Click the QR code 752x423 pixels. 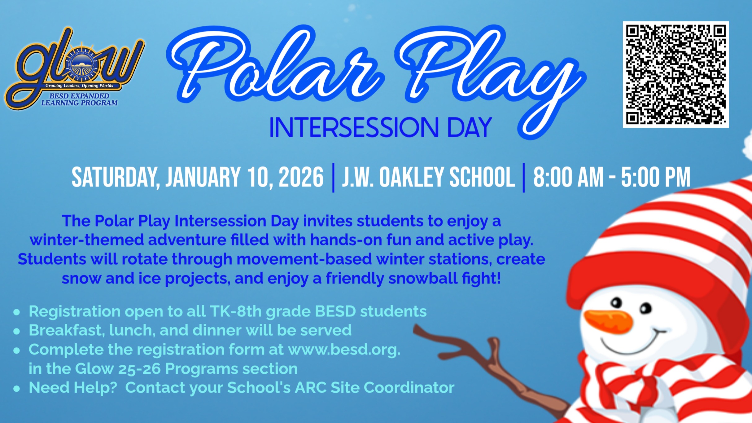pos(675,74)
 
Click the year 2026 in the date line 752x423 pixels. pos(301,177)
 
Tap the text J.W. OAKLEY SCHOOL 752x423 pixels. pos(428,177)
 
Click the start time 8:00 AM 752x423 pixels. pos(568,177)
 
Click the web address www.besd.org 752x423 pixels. pos(344,350)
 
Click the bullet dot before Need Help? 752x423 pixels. pos(17,388)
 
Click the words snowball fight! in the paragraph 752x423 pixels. pos(444,278)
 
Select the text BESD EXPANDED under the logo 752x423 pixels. pos(79,96)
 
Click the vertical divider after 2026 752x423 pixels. pos(333,178)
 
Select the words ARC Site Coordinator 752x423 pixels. pos(374,387)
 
